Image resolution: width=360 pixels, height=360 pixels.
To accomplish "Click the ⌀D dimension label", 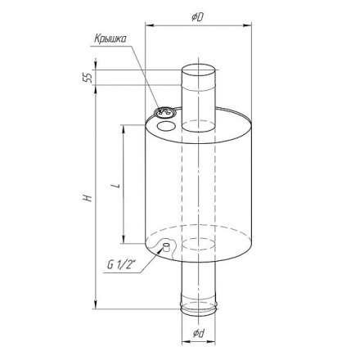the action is pos(198,17).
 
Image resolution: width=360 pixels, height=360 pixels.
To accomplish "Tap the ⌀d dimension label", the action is pos(199,333).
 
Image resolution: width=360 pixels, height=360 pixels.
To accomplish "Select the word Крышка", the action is pos(110,39).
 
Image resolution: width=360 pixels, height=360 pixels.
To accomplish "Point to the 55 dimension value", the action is pos(88,78).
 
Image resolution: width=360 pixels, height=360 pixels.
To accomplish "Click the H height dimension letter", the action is pos(88,198).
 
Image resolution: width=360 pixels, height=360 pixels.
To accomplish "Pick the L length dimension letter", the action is pos(117,186).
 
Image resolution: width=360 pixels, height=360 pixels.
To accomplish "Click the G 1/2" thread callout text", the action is pos(121,265).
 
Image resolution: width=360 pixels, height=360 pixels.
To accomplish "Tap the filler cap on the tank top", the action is pos(164,112).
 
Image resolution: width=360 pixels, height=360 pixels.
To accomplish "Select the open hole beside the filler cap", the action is pos(166,126).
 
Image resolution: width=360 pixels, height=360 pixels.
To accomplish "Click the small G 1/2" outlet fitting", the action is pos(166,247).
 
